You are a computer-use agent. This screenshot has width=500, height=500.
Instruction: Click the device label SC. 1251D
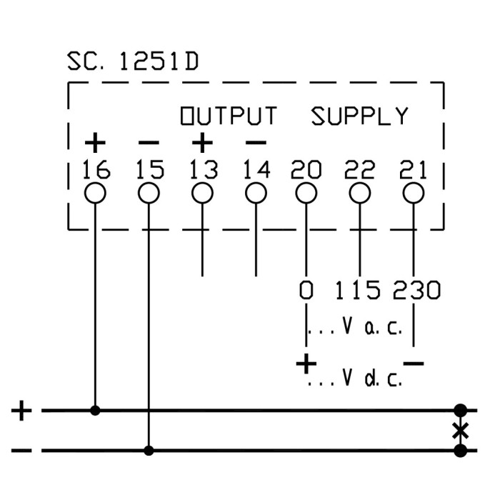point(133,62)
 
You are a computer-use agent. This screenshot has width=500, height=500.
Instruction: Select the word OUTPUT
point(228,116)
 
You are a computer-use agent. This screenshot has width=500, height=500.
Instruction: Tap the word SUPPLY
point(359,116)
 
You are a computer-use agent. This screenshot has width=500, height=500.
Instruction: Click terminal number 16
point(96,170)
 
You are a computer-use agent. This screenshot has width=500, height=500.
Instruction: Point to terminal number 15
point(149,170)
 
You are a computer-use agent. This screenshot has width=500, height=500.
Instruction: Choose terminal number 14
point(256,170)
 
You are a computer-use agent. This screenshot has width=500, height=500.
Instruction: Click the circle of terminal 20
point(306,193)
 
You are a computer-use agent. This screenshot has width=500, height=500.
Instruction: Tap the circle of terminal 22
point(360,193)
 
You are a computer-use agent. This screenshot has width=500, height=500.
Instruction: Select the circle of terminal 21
point(413,193)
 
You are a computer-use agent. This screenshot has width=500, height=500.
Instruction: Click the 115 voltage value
point(359,291)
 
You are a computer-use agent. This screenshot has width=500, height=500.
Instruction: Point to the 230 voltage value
point(416,291)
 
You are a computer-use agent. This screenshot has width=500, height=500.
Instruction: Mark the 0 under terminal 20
point(306,291)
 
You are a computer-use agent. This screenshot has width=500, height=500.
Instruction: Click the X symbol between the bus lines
point(461,431)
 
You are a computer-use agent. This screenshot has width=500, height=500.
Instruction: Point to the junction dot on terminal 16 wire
point(96,411)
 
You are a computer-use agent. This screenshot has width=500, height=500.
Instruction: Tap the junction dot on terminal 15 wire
point(149,451)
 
